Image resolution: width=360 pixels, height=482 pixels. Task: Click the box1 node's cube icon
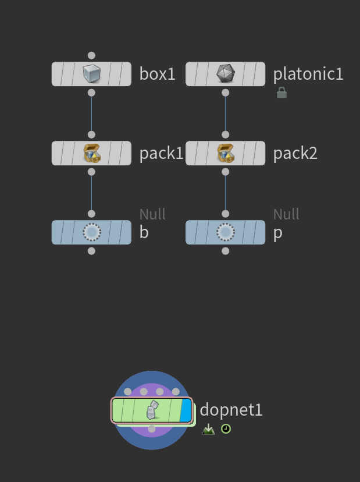tap(91, 74)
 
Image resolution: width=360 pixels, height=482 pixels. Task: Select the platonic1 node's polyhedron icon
tap(225, 74)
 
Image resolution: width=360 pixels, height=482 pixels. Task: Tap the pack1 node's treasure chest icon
tap(91, 153)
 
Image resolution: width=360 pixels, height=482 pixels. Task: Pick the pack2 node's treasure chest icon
tap(225, 153)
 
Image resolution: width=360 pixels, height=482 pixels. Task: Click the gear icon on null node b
tap(91, 232)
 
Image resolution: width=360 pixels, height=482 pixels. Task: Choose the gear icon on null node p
tap(225, 232)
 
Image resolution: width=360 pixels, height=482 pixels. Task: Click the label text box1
tap(157, 74)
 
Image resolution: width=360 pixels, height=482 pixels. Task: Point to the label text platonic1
tap(308, 74)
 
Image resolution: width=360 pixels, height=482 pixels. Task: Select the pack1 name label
tap(161, 153)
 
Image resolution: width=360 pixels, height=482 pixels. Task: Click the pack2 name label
tap(295, 153)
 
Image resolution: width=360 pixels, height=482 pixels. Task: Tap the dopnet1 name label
tap(231, 410)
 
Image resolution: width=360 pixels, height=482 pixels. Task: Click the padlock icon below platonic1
tap(281, 93)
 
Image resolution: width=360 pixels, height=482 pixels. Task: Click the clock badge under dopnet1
tap(226, 429)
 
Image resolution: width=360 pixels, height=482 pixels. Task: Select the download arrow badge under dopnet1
tap(208, 430)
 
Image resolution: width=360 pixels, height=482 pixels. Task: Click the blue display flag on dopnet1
tap(186, 410)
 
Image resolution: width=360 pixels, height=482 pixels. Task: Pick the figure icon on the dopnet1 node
tap(151, 410)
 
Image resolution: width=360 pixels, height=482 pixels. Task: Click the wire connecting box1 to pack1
tap(91, 114)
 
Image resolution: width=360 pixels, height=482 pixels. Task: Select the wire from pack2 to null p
tap(225, 193)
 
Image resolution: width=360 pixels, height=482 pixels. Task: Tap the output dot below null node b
tap(91, 251)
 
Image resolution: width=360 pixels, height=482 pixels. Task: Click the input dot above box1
tap(91, 55)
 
